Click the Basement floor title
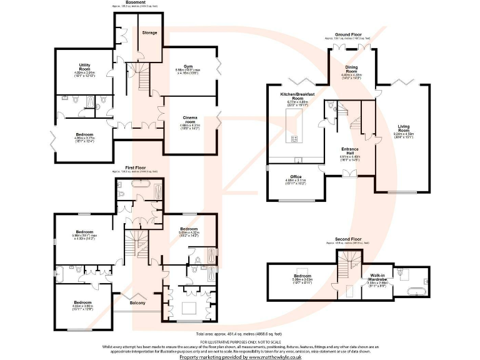(x=136, y=2)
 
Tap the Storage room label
(x=149, y=32)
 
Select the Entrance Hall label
(x=350, y=151)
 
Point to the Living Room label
(x=403, y=127)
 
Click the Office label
(x=296, y=177)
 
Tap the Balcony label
(x=137, y=304)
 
